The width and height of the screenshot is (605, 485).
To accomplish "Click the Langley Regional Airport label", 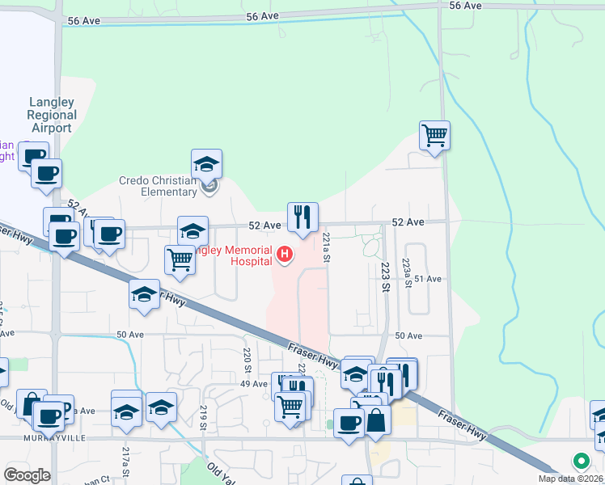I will (x=52, y=115).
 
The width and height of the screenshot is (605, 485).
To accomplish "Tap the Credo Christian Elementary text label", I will (x=159, y=187).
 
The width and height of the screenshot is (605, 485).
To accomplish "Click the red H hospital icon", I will (x=284, y=255).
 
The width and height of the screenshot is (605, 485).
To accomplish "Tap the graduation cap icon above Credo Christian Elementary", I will (x=207, y=164).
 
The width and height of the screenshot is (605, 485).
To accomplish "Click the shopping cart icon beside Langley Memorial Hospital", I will (x=179, y=259).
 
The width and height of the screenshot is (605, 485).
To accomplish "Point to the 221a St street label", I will (x=327, y=248).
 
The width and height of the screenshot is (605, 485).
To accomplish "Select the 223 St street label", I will (x=386, y=276).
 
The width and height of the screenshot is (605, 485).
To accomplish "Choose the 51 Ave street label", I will (x=428, y=279).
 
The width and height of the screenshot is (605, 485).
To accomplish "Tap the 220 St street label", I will (x=247, y=358).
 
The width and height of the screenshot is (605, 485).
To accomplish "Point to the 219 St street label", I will (x=205, y=415).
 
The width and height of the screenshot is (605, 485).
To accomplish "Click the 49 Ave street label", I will (x=253, y=384).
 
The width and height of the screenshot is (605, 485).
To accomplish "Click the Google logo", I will (x=27, y=474).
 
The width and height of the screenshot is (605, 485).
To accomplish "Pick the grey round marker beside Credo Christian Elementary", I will (x=209, y=188).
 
